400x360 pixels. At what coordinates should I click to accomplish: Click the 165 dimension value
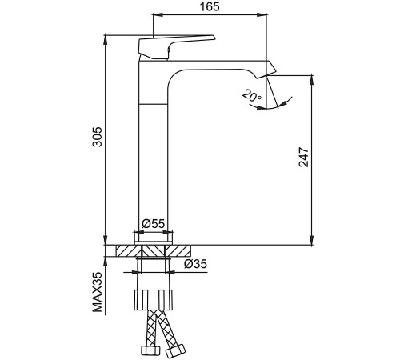coord(210,6)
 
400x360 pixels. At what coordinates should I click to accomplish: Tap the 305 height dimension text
coord(98,137)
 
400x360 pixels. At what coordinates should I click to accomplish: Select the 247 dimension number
coord(303,157)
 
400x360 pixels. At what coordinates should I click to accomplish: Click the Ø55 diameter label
coord(154,223)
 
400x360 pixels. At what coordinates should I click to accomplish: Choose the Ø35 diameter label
coord(195,264)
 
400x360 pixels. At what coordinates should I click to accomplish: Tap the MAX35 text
coord(98,292)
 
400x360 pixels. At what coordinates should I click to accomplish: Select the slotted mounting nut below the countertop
coord(153,300)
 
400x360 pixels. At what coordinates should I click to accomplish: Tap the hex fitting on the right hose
coord(175,350)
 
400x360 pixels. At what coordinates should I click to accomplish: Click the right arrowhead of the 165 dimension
coord(262,14)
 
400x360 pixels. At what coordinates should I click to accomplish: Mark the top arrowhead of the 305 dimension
coord(106,40)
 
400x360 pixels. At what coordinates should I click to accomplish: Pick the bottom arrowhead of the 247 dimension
coord(312,240)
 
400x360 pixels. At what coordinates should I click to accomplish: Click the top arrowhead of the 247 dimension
coord(312,81)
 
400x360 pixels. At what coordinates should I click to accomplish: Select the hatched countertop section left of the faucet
coord(128,251)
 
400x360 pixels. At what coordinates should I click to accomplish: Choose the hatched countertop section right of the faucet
coord(178,251)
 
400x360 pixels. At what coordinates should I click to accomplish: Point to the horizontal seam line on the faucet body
coord(154,103)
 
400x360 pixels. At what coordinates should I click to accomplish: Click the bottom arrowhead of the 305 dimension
coord(106,240)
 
